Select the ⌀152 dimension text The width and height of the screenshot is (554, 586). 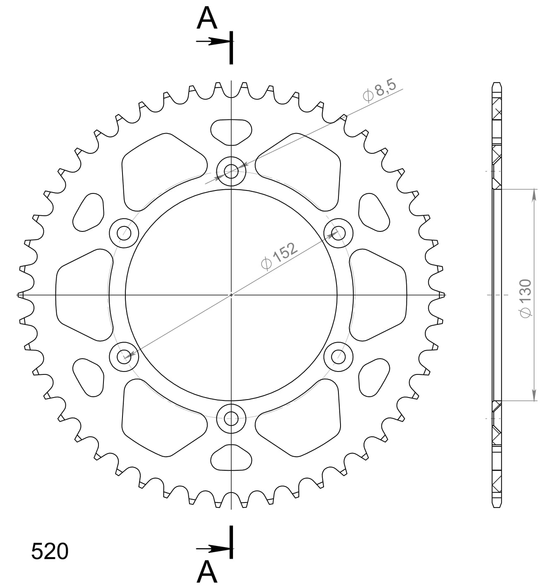tap(279, 256)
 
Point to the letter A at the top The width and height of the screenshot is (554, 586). tap(207, 19)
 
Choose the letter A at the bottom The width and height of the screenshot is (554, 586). tap(207, 572)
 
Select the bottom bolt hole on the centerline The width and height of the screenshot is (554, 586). tap(231, 418)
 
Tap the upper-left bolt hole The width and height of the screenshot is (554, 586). tap(124, 233)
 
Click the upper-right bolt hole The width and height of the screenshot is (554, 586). tap(338, 233)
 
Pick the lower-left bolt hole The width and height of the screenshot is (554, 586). tap(124, 356)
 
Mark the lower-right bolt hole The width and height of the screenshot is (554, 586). tap(338, 356)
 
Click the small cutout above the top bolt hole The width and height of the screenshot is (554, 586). tap(231, 131)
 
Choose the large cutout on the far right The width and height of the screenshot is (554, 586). tap(379, 295)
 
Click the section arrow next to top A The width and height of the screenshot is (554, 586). tap(213, 41)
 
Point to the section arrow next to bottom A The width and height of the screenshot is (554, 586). tap(213, 548)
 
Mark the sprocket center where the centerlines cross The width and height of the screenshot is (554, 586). tap(231, 295)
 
